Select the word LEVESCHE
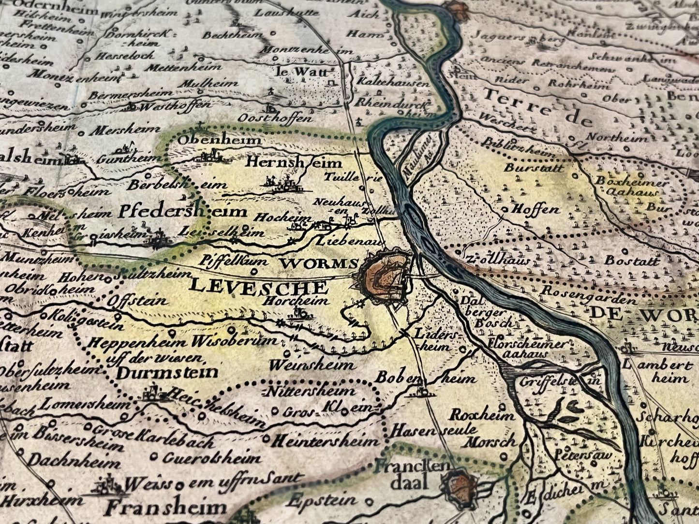coord(259,286)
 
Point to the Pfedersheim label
coord(182,211)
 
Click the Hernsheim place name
coord(294,162)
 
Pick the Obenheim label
coord(220,140)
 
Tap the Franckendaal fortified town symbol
coord(460,485)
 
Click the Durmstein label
coord(167,372)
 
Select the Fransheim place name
coord(166,508)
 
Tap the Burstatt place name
coord(534,168)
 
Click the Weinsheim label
coord(312,364)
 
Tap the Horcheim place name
coord(296,301)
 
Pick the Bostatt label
coord(632,261)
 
